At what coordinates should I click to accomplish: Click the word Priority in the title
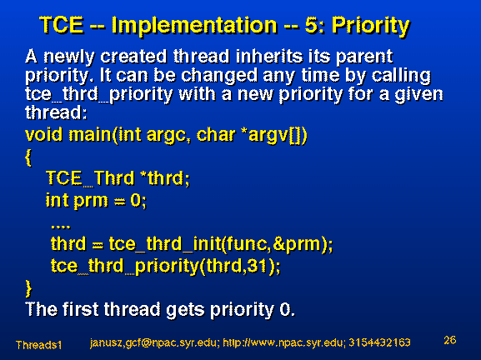point(371,25)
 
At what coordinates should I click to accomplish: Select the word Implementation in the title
point(194,25)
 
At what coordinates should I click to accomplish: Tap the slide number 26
point(449,340)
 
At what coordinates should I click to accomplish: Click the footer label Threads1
point(38,345)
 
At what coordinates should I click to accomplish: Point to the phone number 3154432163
point(379,342)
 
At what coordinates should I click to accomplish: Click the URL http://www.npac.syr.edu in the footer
point(282,342)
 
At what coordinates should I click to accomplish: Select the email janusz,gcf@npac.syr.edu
point(153,342)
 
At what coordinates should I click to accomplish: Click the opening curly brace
point(28,157)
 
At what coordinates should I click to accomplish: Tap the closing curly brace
point(28,288)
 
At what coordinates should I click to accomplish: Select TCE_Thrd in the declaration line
point(90,178)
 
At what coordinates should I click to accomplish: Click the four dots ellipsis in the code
point(61,227)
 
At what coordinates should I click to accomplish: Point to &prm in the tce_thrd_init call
point(297,245)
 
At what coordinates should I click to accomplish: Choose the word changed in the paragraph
point(219,76)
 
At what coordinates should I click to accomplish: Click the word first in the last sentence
point(81,309)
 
